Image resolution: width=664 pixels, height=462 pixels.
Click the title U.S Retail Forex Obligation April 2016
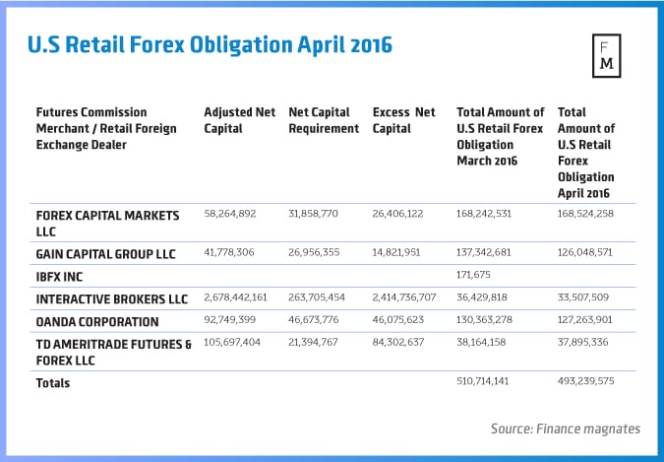coord(203,46)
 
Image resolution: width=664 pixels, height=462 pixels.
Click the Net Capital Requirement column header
coord(324,119)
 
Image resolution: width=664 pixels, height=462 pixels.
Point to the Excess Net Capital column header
coord(404,119)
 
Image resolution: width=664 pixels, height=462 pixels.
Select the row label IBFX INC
coord(62,277)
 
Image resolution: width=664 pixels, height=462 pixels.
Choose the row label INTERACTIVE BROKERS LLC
coord(111,298)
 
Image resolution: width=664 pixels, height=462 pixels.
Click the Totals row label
coord(53,382)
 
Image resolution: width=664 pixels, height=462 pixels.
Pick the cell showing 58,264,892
coord(235,212)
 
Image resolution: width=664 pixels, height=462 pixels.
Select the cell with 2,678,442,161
coord(242,298)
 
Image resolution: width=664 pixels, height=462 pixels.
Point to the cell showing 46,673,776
coord(320,321)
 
